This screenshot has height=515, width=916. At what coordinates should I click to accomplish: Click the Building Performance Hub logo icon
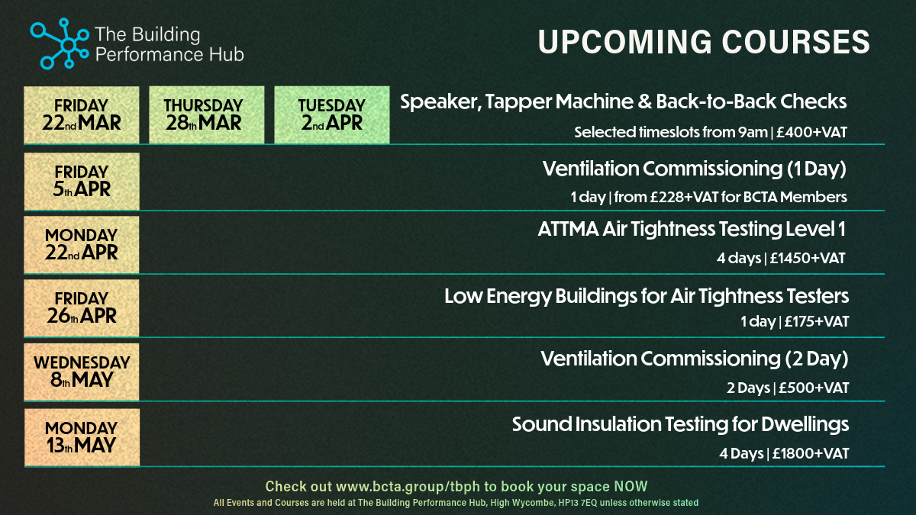pos(60,43)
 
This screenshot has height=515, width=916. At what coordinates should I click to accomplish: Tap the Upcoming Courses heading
pos(704,42)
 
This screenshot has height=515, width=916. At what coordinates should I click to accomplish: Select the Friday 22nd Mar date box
pos(82,115)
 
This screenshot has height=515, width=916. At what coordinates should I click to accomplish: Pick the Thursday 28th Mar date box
pos(207,115)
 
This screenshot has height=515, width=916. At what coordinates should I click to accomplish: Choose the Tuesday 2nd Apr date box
pos(331,115)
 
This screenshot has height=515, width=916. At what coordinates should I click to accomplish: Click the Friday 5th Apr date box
pos(82,182)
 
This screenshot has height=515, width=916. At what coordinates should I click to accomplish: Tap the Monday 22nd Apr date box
pos(82,245)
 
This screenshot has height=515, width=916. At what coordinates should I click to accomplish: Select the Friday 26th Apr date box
pos(82,308)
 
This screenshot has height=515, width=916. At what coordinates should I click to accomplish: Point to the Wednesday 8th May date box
pos(82,372)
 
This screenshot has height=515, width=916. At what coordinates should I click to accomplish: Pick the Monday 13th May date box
pos(82,437)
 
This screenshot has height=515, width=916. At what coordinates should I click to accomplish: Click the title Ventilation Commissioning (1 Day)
pos(695,169)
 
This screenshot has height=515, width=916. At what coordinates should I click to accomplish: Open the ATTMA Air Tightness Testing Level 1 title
pos(692,229)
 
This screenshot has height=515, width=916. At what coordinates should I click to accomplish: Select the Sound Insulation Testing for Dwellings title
pos(680,425)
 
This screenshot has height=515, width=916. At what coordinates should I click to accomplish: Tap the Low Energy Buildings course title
pos(647,296)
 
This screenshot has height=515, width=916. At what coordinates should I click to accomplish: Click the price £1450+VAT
pos(808,259)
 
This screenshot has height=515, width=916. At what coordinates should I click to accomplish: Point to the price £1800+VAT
pos(811,454)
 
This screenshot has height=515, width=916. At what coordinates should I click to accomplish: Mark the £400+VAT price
pos(811,133)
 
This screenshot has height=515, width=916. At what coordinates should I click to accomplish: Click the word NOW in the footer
pos(631,487)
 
